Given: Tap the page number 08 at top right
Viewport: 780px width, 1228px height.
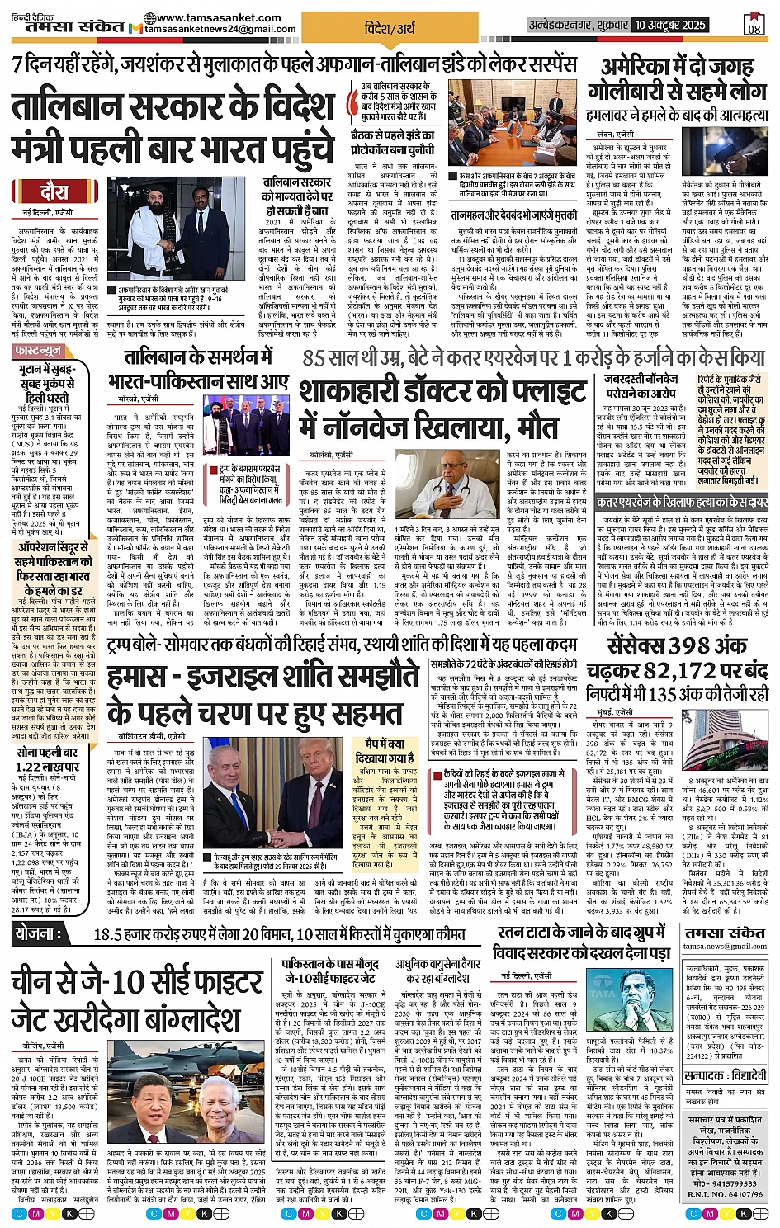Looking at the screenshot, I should (x=754, y=27).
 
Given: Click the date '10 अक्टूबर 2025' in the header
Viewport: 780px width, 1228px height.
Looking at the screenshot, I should (x=670, y=25).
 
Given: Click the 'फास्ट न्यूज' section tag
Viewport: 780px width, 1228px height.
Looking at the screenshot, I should (x=38, y=352).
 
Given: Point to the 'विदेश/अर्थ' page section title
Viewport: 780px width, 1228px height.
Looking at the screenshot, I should (x=390, y=28).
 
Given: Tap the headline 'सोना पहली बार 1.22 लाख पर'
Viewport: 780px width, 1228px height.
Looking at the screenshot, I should (x=47, y=759).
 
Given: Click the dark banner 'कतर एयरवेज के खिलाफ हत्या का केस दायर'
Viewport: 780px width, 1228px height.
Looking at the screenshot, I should (x=683, y=502).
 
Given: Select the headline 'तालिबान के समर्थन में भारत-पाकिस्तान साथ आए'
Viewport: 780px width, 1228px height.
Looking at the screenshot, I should (x=197, y=369).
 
